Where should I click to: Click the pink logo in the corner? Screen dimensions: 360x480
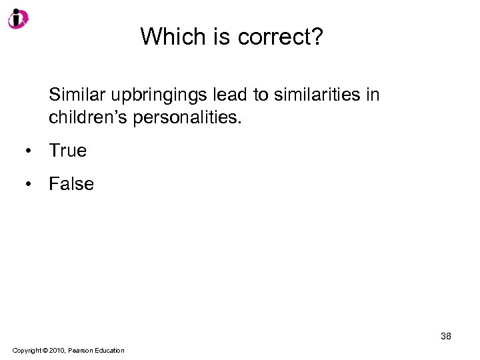coord(18,18)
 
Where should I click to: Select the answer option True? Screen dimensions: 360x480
coord(67,151)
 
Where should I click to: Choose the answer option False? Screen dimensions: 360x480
coord(71,183)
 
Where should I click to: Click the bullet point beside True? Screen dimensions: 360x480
coord(29,151)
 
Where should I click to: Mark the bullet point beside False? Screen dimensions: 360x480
coord(29,184)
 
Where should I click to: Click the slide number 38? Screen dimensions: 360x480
coord(445,336)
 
